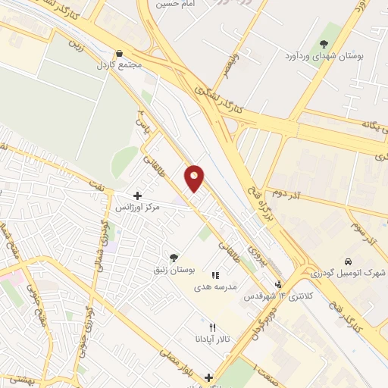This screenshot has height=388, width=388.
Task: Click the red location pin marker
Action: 195,177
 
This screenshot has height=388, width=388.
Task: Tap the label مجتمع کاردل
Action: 120,65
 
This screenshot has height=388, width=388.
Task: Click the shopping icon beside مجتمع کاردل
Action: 120,54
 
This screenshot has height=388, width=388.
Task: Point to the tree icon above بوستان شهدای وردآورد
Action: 324,45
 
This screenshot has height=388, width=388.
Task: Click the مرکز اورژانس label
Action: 138,206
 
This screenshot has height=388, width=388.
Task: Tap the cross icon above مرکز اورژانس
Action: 136,196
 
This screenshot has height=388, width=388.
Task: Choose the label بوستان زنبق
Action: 176,269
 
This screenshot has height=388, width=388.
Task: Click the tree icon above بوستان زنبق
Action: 175,258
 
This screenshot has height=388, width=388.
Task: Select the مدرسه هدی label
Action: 215,287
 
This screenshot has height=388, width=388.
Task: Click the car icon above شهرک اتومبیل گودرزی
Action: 348,261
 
